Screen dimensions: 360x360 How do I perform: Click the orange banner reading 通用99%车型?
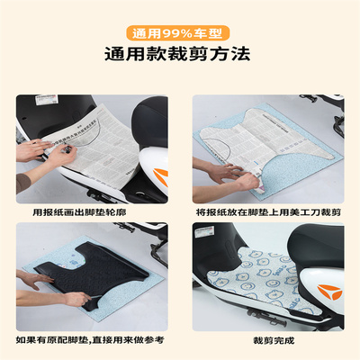pyautogui.click(x=180, y=29)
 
